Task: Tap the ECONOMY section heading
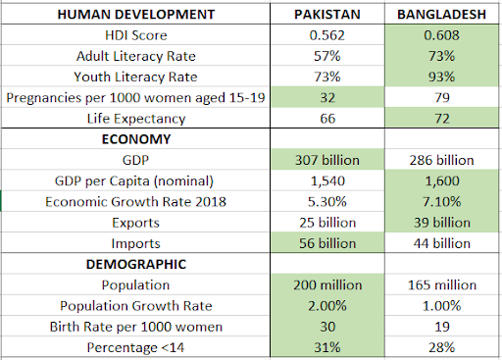point(137,139)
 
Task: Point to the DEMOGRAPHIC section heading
point(137,264)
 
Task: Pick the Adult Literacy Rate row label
point(137,57)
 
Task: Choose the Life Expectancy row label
point(137,119)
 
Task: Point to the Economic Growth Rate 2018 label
point(137,201)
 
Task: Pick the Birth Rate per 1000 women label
point(137,326)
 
